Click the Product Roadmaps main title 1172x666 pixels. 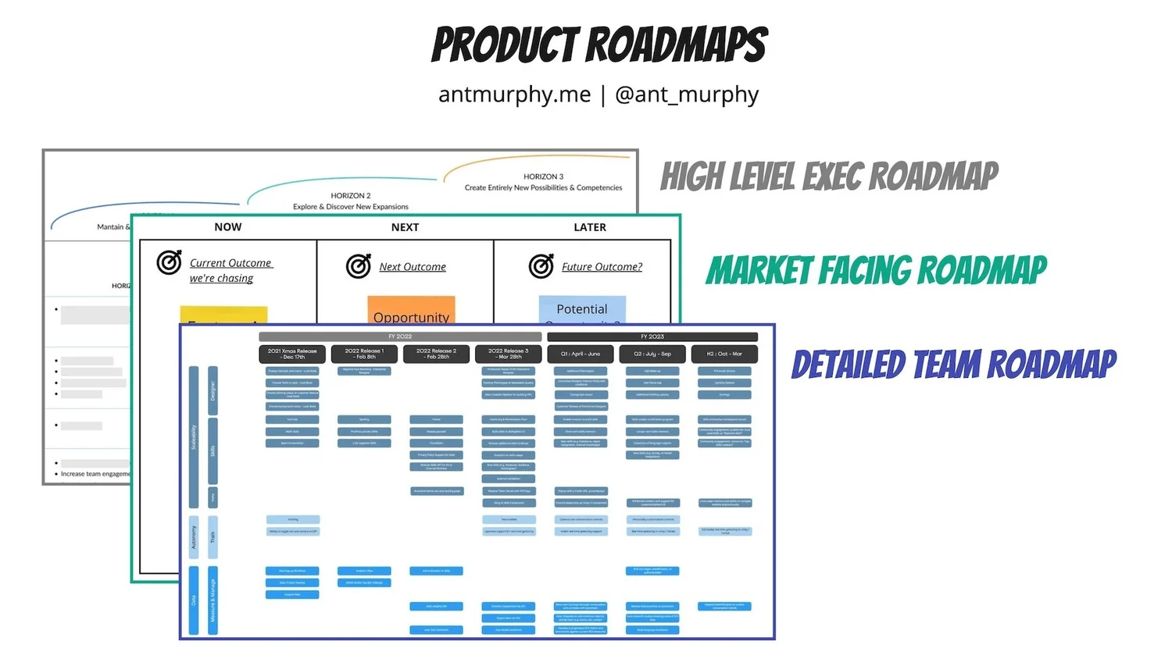599,45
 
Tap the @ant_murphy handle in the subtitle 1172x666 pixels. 687,94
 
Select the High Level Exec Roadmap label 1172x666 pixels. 829,176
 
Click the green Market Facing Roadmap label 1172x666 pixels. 876,270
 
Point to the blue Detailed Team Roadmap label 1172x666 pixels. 954,365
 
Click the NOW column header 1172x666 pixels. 228,227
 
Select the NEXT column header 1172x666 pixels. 405,227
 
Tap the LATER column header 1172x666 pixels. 590,227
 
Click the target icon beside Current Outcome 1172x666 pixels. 169,262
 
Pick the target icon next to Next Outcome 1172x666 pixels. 359,266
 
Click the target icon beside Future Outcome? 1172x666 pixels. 541,266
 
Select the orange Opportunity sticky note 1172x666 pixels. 411,310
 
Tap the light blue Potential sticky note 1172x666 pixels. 582,309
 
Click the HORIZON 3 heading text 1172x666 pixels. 543,176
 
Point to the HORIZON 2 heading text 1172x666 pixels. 351,195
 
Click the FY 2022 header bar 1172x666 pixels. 400,337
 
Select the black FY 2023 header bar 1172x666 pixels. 652,337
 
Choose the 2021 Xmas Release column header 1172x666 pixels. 292,354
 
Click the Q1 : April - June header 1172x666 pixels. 581,354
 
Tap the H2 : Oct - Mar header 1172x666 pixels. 724,354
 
